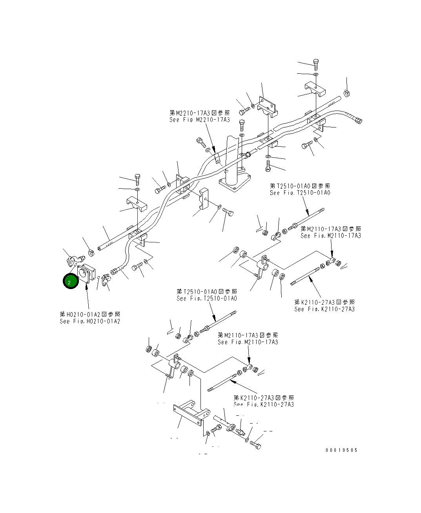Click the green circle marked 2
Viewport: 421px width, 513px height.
click(71, 282)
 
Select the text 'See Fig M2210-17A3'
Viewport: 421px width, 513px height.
click(200, 120)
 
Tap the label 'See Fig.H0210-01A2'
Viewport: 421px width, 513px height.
click(90, 321)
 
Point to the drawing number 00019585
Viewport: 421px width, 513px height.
click(341, 450)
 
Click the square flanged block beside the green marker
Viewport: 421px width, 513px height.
click(87, 274)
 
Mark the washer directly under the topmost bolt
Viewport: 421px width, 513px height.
click(316, 74)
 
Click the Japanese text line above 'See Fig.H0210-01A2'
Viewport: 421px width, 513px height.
click(90, 315)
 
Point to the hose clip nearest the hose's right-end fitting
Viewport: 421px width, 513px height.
click(347, 93)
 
